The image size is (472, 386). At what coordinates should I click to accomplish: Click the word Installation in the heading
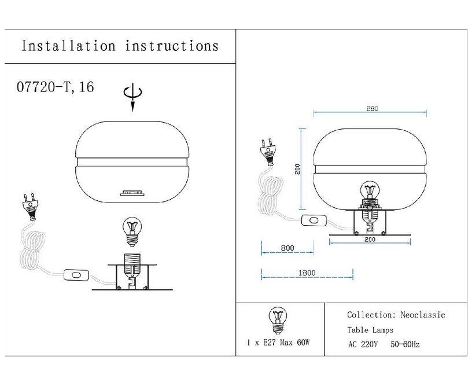tap(68, 46)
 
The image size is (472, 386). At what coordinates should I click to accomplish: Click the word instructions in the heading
tap(172, 46)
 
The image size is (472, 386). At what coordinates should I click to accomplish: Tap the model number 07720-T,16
tap(56, 87)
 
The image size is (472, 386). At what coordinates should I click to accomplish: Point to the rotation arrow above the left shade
tap(132, 97)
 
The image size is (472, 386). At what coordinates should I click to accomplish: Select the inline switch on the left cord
tap(76, 275)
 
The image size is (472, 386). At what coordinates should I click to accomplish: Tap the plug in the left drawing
tap(30, 207)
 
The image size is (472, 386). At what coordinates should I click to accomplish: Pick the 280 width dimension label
tap(372, 108)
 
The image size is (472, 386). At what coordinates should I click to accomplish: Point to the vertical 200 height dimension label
tap(297, 169)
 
